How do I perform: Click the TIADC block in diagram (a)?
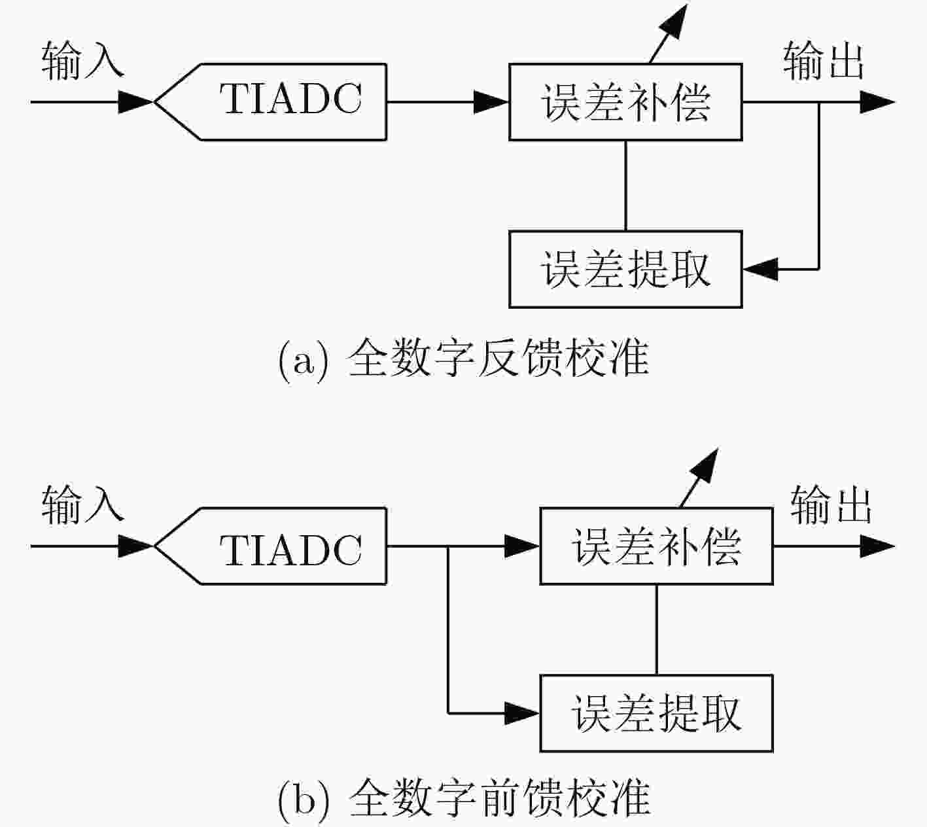271,101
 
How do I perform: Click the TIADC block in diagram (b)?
271,546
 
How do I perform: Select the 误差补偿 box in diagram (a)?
625,101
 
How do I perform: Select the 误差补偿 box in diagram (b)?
657,546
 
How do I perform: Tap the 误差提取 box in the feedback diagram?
625,269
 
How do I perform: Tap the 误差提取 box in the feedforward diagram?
657,713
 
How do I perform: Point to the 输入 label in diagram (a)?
82,61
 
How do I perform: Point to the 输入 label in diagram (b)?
82,505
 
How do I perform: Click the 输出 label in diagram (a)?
823,61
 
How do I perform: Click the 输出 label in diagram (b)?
831,505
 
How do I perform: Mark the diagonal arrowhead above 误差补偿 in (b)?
705,466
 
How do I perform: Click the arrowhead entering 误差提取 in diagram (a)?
760,269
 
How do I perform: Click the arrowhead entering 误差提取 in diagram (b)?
521,713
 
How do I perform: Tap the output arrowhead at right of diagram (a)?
877,101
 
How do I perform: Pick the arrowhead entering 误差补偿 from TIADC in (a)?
491,101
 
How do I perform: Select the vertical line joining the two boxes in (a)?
625,186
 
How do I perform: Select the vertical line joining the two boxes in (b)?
657,630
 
